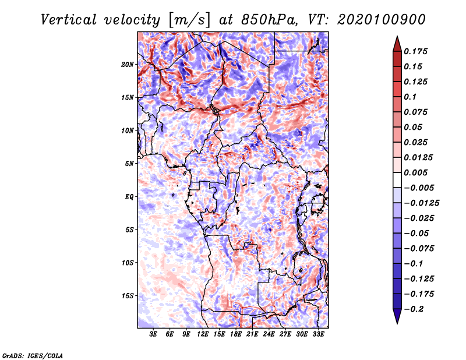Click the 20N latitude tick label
coord(128,65)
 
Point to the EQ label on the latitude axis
coord(129,197)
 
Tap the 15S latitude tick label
coord(128,296)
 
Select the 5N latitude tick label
coord(129,164)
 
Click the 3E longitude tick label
coord(153,334)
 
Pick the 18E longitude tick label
coord(236,334)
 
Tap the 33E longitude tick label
coord(318,334)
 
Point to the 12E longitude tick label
coord(203,334)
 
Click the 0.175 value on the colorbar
coord(415,51)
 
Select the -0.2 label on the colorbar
coord(414,309)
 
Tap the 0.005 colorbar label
coord(415,172)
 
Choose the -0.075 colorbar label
coord(419,249)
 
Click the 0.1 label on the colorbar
coord(410,97)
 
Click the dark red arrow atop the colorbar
coord(397,44)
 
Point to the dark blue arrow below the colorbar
coord(397,316)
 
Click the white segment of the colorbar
coord(397,180)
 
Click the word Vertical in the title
coord(69,20)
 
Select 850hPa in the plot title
coord(269,20)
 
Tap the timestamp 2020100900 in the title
coord(382,20)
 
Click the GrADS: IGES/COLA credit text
coord(33,356)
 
